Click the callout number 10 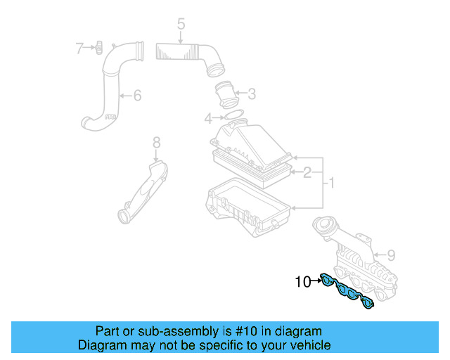point(302,282)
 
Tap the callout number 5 point(181,25)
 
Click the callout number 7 point(80,48)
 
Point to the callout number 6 point(137,95)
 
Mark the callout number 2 point(307,171)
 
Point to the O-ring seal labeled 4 point(233,115)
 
